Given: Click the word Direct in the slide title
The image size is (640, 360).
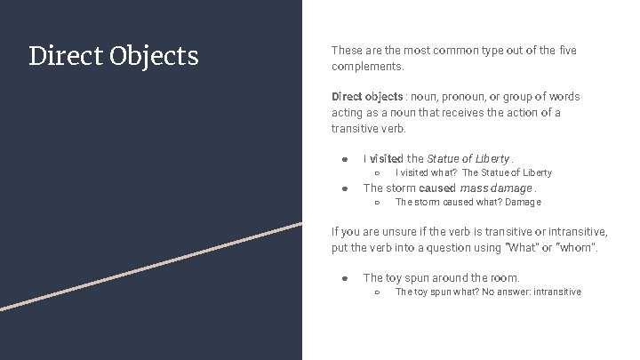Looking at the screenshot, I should pos(66,56).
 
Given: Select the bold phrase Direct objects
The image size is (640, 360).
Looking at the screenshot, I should pos(366,96).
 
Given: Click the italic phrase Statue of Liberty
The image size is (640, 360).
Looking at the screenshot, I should pos(468,158).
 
